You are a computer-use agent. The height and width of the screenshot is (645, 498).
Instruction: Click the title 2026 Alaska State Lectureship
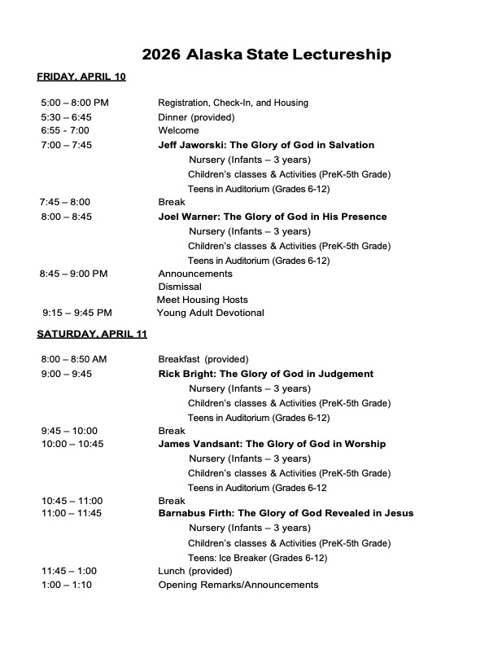point(266,55)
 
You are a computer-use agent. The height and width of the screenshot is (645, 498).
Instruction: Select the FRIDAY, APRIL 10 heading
point(81,77)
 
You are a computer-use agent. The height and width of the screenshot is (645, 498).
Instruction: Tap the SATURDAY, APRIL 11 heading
point(92,334)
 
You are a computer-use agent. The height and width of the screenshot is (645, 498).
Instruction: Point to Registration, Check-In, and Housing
point(233,103)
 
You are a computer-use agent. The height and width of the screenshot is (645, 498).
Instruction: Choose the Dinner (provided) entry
point(196,117)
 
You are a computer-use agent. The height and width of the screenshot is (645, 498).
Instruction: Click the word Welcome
point(178,130)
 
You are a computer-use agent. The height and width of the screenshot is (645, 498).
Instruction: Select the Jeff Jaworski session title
point(266,145)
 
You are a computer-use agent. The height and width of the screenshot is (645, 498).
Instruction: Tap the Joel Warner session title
point(272,217)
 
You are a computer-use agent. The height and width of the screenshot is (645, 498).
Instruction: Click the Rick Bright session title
point(265,374)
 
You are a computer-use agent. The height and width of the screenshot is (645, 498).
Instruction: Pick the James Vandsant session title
point(272,444)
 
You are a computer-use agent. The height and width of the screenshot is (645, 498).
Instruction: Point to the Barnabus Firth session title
point(286,513)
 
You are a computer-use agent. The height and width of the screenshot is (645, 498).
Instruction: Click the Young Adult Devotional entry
point(211,313)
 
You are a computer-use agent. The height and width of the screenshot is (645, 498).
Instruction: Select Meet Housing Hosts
point(203,300)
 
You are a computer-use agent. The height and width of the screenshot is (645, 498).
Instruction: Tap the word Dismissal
point(180,287)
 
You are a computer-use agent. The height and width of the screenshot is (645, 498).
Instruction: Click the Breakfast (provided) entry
point(203,359)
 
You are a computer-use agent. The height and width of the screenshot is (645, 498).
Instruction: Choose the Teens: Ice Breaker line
point(257,558)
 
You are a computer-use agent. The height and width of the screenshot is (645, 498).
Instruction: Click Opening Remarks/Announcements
point(238,585)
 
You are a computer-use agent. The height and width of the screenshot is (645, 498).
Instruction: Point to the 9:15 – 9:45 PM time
point(77,313)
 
